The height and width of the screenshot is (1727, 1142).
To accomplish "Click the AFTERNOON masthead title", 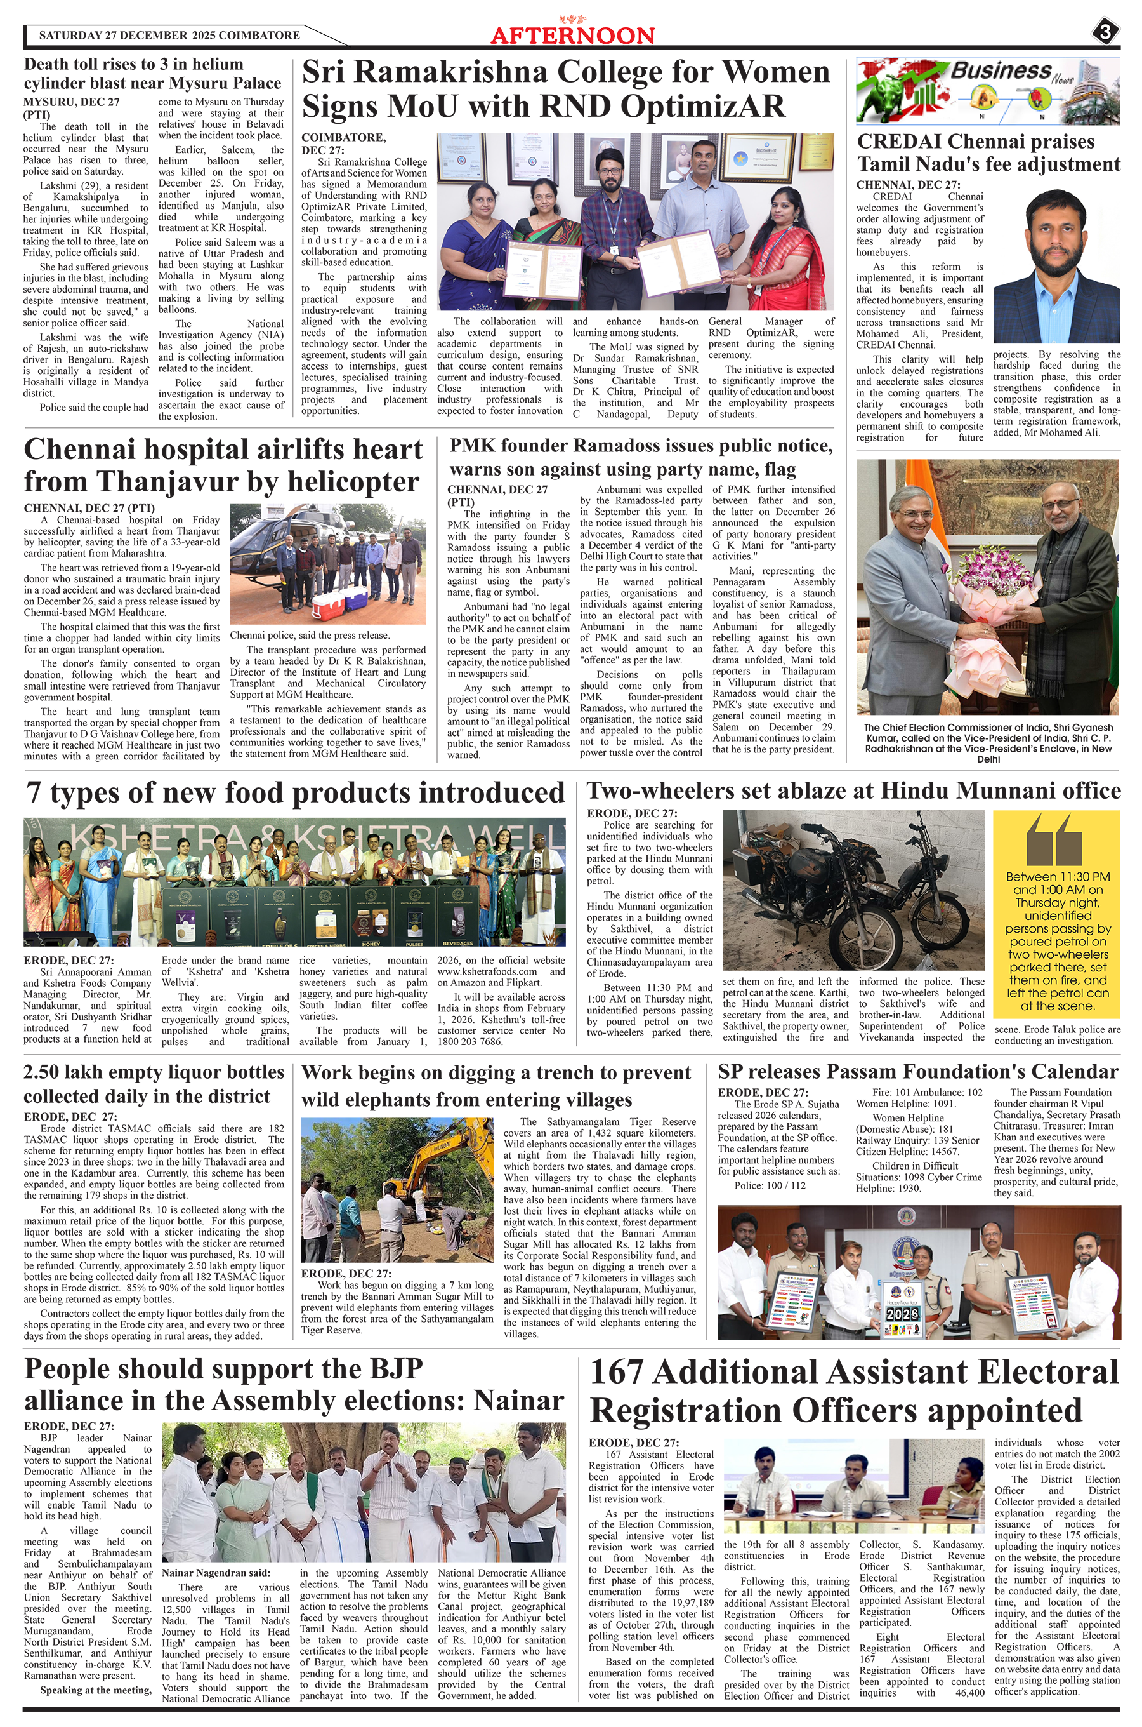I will [x=572, y=36].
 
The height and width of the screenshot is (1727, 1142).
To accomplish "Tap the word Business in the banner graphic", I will [x=1001, y=70].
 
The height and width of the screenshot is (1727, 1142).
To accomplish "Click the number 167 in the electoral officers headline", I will [x=617, y=1372].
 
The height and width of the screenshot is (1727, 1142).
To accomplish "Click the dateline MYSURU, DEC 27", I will [x=71, y=102].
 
